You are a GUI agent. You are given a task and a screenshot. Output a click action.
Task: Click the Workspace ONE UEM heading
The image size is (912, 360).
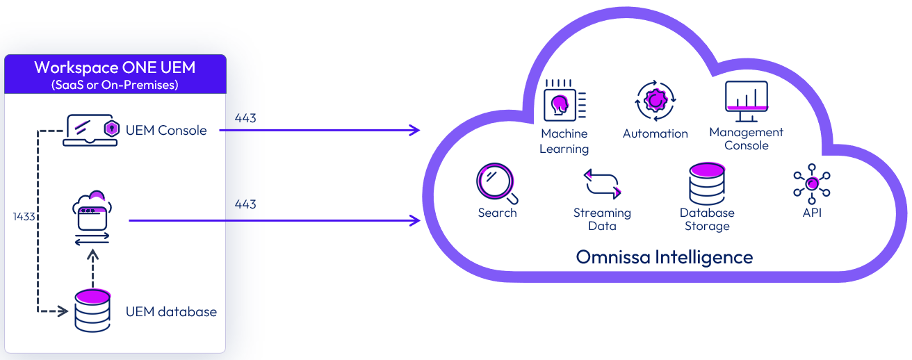(115, 68)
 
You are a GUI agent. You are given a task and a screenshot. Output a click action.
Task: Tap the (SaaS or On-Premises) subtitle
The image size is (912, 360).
(115, 85)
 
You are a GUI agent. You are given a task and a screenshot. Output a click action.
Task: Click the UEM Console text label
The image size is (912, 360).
(166, 130)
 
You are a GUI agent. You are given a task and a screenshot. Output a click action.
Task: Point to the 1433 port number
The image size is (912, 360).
(24, 217)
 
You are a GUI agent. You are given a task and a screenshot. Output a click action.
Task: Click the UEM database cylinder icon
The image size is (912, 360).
(92, 311)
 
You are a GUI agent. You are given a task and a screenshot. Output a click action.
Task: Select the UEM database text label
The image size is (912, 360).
(171, 311)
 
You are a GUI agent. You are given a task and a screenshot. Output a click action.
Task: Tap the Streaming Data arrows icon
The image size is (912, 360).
(601, 184)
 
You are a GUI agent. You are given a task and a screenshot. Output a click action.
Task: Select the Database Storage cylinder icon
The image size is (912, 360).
(707, 183)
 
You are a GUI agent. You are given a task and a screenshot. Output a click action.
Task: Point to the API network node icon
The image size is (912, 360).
(812, 184)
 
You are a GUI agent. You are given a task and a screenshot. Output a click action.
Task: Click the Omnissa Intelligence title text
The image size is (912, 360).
(664, 257)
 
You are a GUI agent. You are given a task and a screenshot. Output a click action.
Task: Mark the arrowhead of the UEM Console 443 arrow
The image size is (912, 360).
(416, 130)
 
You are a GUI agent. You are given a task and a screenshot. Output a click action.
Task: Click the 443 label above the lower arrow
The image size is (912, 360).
(245, 204)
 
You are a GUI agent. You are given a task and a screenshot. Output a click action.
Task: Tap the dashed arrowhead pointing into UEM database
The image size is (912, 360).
(67, 311)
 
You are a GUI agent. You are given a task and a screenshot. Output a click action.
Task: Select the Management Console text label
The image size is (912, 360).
(746, 139)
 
